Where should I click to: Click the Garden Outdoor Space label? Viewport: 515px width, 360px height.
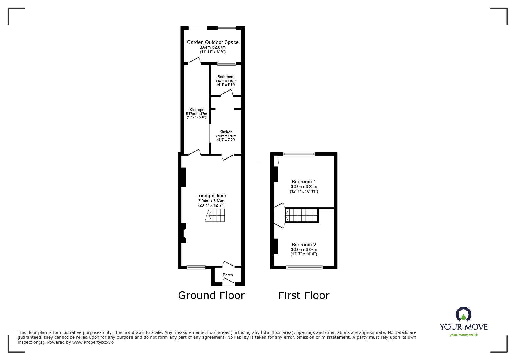click(213, 42)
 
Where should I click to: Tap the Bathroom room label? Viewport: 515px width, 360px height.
click(226, 77)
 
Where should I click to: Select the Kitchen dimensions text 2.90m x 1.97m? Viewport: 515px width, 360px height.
click(226, 136)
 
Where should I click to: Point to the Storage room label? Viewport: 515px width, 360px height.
click(196, 110)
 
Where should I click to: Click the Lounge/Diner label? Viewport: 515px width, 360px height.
click(211, 196)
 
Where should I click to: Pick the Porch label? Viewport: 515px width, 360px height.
click(228, 275)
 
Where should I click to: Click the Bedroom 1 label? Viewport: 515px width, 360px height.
click(304, 182)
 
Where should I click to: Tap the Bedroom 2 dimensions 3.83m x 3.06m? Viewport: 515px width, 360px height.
click(304, 250)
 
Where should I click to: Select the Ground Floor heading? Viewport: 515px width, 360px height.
click(211, 295)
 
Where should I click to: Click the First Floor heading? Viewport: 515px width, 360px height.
click(304, 295)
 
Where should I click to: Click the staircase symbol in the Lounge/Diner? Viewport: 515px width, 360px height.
click(215, 216)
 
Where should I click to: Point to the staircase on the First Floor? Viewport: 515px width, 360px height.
click(301, 216)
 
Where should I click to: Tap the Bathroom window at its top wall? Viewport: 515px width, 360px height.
click(227, 63)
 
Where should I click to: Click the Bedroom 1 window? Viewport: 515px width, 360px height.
click(299, 154)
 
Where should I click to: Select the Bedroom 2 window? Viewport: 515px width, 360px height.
click(304, 267)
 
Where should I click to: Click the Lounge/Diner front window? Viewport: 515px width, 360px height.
click(196, 267)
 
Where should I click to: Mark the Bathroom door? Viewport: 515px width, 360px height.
click(227, 93)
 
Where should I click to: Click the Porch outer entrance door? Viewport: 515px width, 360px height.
click(228, 281)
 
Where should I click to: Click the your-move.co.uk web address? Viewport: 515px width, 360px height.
click(464, 335)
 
